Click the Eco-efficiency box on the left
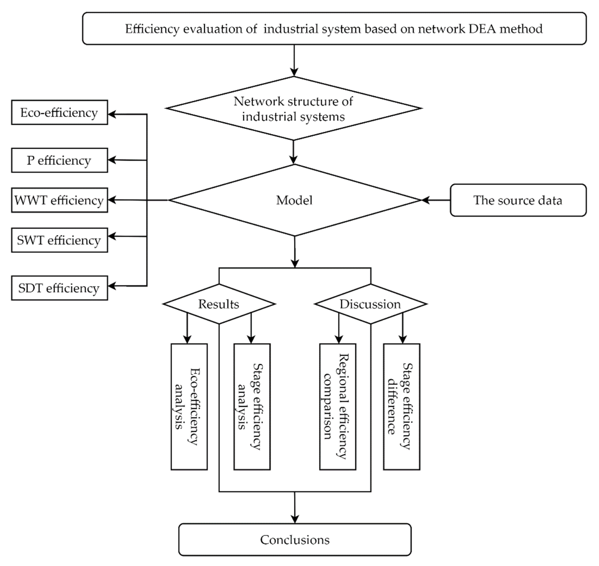pos(59,113)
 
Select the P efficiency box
pos(59,160)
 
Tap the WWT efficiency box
pos(59,200)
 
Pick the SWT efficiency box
pos(59,240)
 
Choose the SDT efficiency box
pos(59,288)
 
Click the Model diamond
pos(294,200)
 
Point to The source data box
pos(518,200)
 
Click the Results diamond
pos(219,304)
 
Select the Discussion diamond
pos(370,304)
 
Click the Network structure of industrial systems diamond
pos(294,109)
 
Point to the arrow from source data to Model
pos(436,200)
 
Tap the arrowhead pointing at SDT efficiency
pos(112,286)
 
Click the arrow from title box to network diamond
pos(294,60)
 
